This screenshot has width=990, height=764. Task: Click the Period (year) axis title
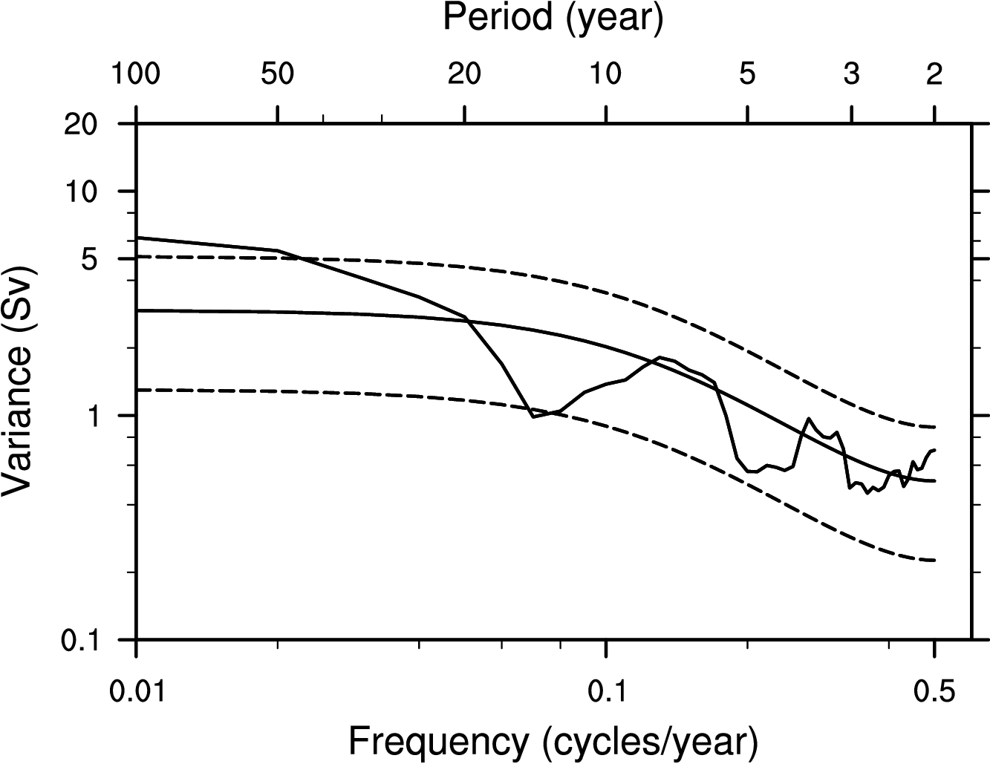553,18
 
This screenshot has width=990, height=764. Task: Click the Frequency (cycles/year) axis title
553,740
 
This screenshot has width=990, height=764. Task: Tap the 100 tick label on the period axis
136,74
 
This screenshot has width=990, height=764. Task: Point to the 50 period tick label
277,74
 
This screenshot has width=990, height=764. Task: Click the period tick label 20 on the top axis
464,74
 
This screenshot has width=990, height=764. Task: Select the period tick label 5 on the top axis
748,74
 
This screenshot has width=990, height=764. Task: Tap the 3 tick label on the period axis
852,74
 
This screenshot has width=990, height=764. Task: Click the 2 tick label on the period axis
934,74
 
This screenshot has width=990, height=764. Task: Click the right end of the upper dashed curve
934,427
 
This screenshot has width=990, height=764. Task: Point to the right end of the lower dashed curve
934,560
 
